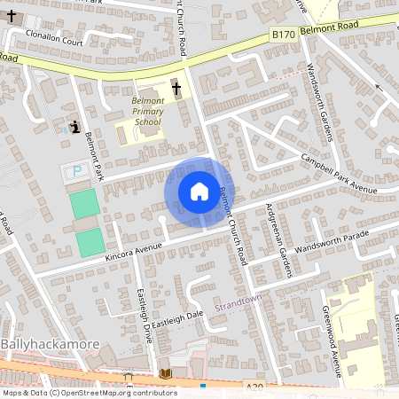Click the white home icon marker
[x=199, y=192]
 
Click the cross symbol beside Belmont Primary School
[x=176, y=89]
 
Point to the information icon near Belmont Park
[x=74, y=127]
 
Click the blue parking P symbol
[x=76, y=170]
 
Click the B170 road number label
[x=283, y=32]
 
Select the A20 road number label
[x=254, y=386]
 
